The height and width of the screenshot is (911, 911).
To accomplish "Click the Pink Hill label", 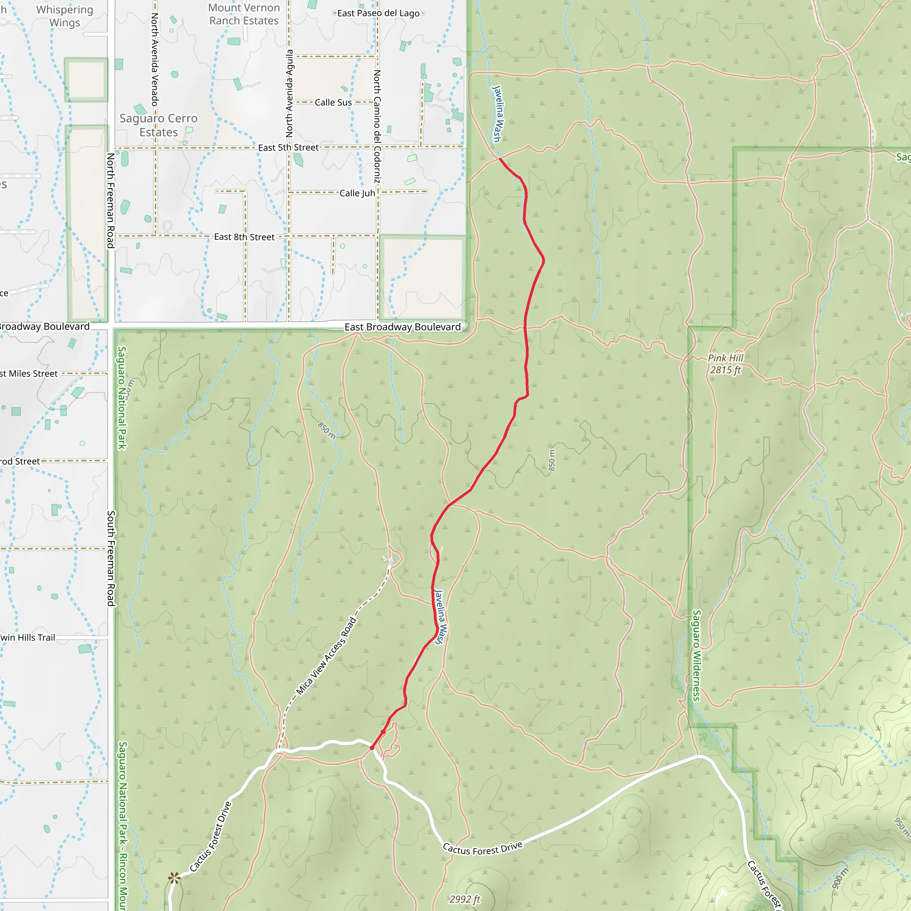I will pyautogui.click(x=725, y=358).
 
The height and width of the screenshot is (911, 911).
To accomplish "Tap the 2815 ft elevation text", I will pyautogui.click(x=725, y=370).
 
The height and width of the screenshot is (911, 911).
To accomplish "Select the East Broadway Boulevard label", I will pyautogui.click(x=402, y=327).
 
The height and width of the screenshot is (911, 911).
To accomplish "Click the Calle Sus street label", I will pyautogui.click(x=333, y=102).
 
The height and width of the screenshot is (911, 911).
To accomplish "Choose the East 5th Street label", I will pyautogui.click(x=288, y=148).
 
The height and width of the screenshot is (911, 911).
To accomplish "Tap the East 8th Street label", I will pyautogui.click(x=244, y=237).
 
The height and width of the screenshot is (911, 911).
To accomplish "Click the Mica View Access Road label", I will pyautogui.click(x=325, y=656).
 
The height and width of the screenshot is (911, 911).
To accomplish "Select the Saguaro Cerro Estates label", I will pyautogui.click(x=158, y=125).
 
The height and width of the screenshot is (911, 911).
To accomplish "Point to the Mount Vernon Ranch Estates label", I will pyautogui.click(x=244, y=14).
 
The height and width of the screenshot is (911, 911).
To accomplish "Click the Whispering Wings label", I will pyautogui.click(x=64, y=16).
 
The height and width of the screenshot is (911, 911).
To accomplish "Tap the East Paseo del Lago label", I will pyautogui.click(x=378, y=13).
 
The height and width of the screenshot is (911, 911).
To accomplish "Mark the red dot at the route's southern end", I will pyautogui.click(x=372, y=748).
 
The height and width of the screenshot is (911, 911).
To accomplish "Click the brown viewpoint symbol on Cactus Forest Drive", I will pyautogui.click(x=174, y=878).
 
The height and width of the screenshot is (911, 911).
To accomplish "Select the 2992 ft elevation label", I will pyautogui.click(x=464, y=899).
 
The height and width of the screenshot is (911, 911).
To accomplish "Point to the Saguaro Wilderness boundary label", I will pyautogui.click(x=697, y=655).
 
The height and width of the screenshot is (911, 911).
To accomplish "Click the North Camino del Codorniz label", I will pyautogui.click(x=377, y=126).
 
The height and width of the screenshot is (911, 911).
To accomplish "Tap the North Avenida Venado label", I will pyautogui.click(x=154, y=59).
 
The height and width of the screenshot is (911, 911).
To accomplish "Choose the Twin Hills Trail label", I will pyautogui.click(x=27, y=637).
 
